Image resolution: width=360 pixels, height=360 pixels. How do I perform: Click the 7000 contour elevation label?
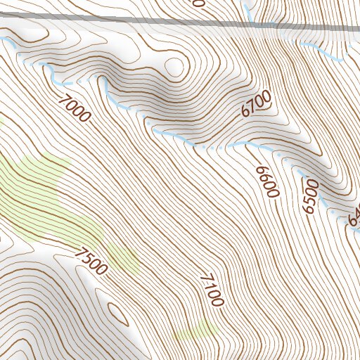pyautogui.click(x=75, y=109)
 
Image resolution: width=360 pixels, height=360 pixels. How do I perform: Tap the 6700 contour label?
pyautogui.click(x=255, y=105)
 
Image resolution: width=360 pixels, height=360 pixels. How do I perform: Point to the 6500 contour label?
pyautogui.click(x=310, y=196)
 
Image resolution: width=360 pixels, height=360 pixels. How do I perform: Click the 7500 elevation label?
pyautogui.click(x=91, y=262)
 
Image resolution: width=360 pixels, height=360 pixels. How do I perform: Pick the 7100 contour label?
pyautogui.click(x=212, y=290)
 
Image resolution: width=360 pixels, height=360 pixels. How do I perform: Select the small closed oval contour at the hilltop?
pyautogui.click(x=174, y=67)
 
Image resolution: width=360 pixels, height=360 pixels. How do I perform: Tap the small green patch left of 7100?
pyautogui.click(x=196, y=330)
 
